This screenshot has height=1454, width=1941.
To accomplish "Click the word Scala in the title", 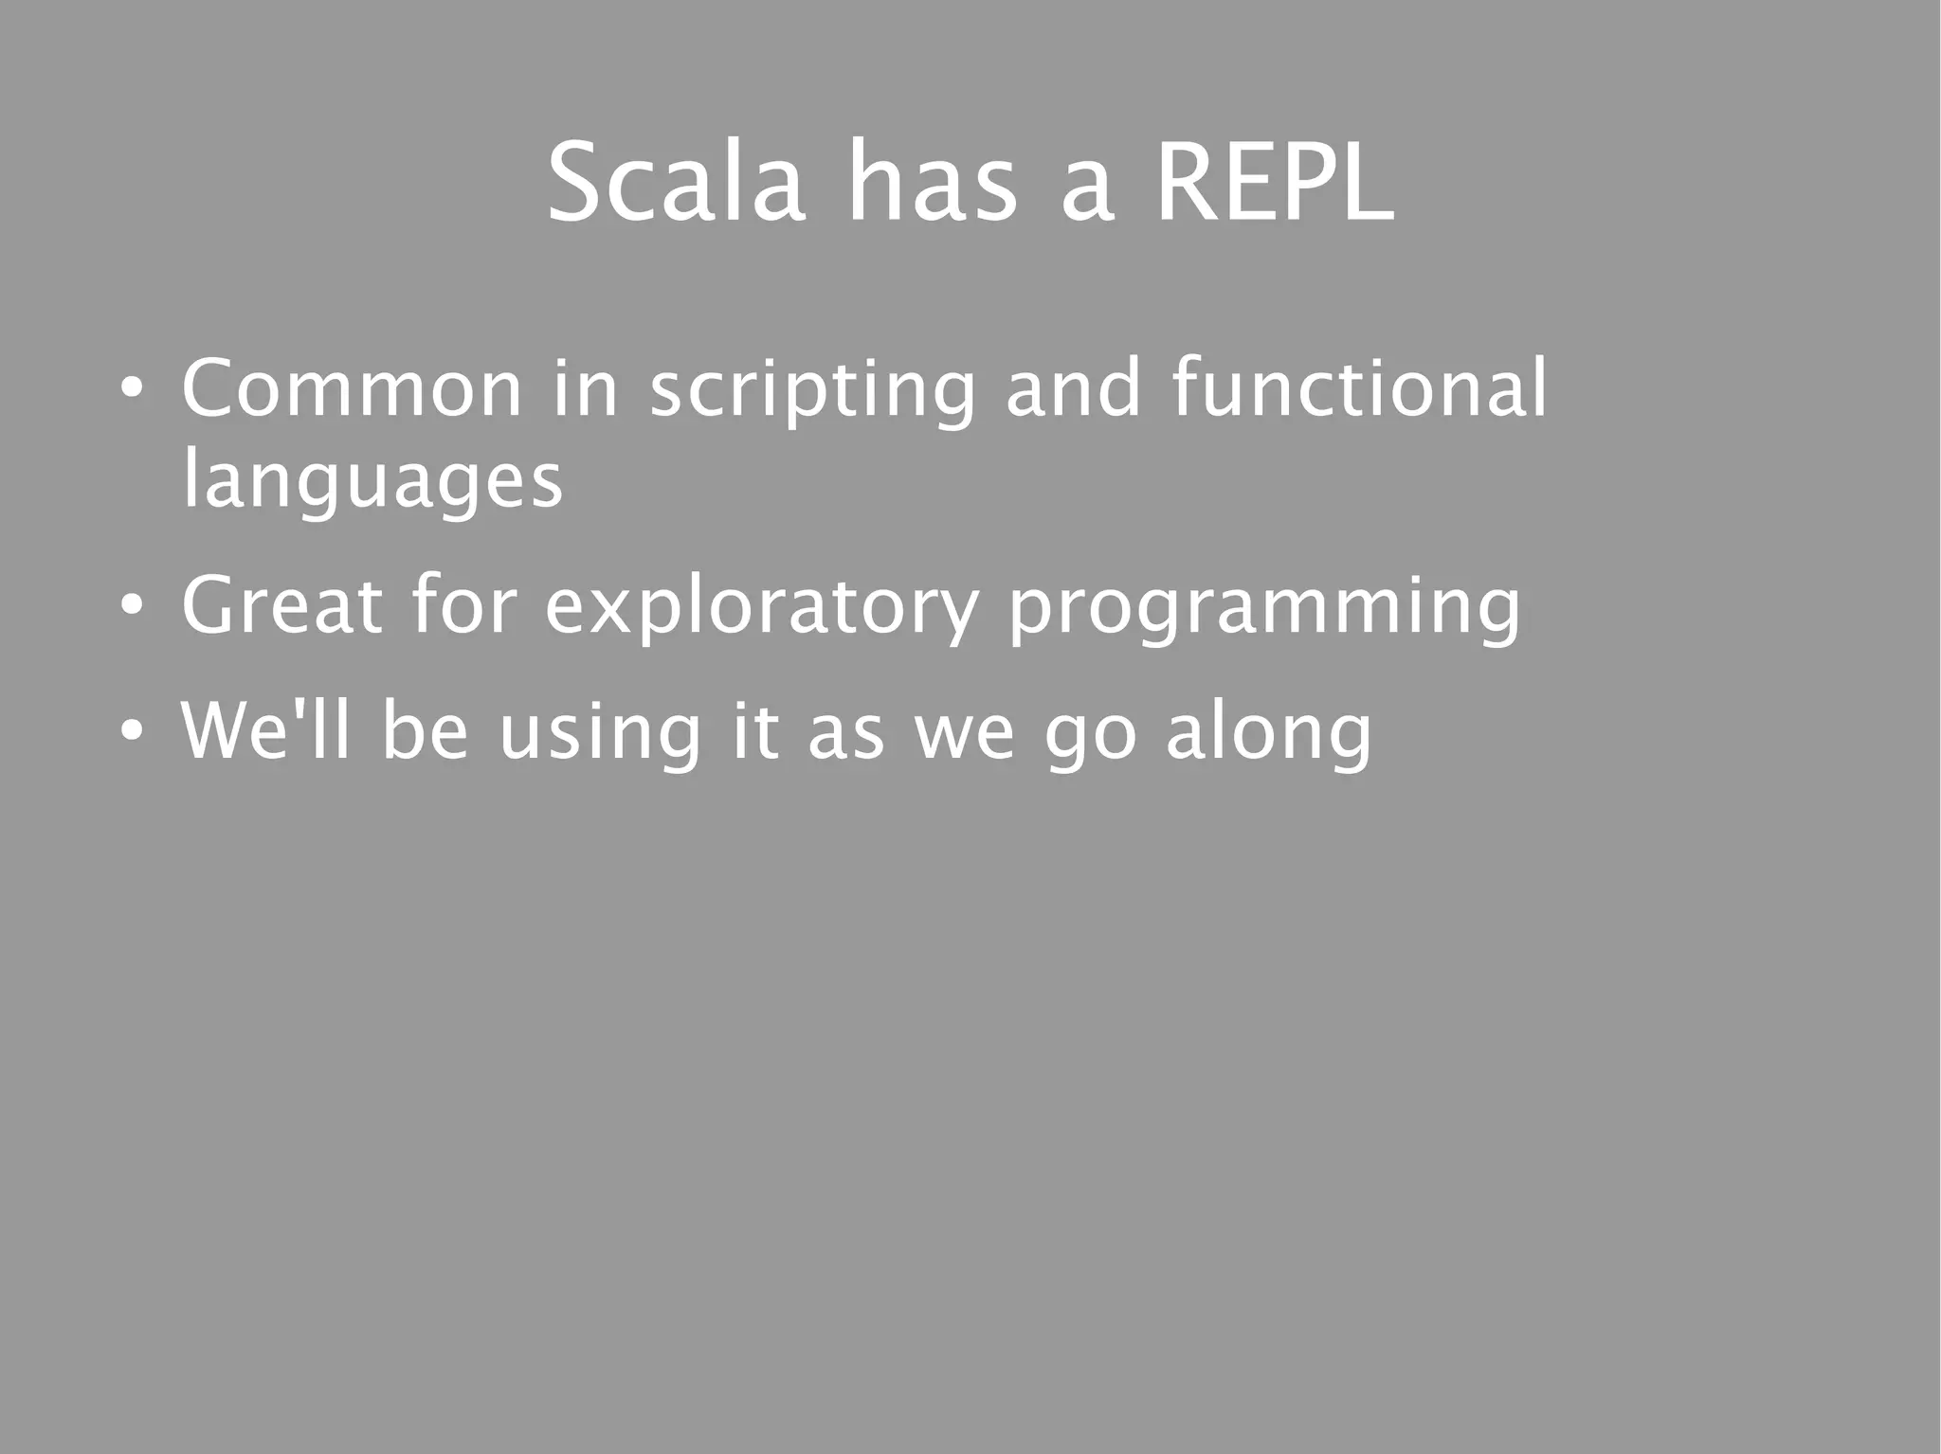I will [x=676, y=182].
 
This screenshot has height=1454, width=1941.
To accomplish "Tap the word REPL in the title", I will [x=1275, y=182].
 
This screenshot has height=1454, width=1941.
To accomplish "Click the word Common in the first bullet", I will [x=351, y=388].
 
